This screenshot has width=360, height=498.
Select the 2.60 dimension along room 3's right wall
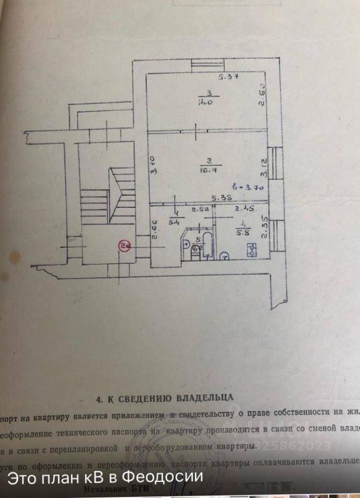point(263,95)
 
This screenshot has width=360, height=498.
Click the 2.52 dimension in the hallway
point(200,210)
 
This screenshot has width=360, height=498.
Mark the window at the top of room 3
point(207,66)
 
